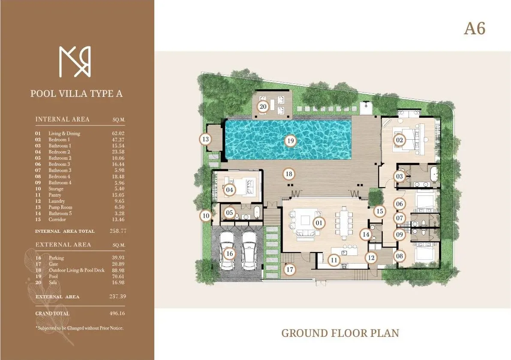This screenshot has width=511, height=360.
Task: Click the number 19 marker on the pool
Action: [x=290, y=141]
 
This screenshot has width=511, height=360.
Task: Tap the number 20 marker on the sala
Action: [x=263, y=106]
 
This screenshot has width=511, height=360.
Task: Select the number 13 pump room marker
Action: [x=205, y=139]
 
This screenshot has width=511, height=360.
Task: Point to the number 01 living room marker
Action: [x=319, y=223]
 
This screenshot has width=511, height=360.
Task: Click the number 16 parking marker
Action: [x=230, y=254]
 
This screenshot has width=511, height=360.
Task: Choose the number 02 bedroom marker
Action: [x=400, y=140]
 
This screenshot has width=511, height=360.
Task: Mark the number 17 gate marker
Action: [x=290, y=270]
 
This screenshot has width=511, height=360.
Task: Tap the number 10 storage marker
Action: [x=206, y=216]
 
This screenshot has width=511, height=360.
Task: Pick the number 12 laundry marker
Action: [x=371, y=258]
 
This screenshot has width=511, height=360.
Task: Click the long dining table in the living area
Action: [x=345, y=223]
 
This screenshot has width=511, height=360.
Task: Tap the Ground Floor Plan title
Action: [x=340, y=333]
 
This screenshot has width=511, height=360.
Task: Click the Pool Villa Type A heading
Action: [x=76, y=93]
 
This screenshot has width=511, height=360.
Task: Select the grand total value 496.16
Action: [x=117, y=313]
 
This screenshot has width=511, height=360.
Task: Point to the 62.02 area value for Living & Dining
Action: [x=117, y=133]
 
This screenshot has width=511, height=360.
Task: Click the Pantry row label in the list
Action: [x=55, y=195]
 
